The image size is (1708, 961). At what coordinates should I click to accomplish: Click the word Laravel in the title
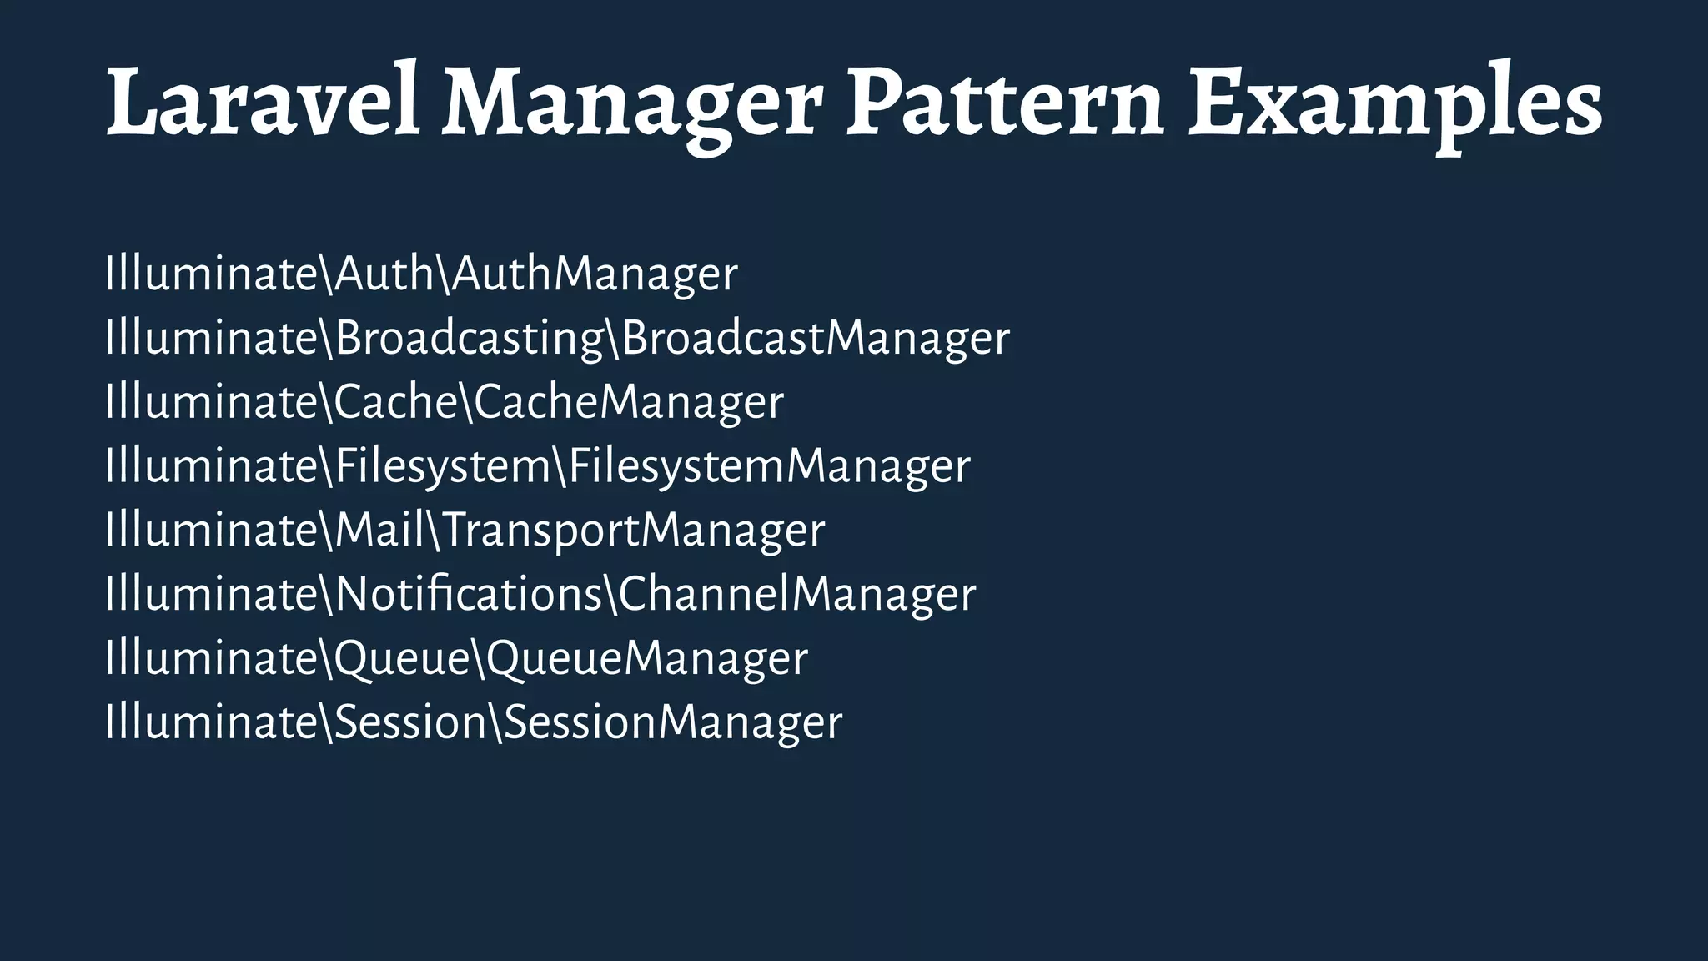[263, 102]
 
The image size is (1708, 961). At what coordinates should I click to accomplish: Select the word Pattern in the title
[1005, 102]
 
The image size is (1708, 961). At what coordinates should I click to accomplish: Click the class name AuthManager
[595, 274]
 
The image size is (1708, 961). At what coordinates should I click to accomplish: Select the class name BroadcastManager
[816, 339]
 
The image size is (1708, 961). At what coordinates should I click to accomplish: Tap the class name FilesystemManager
[769, 466]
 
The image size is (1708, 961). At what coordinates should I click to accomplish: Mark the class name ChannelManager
[796, 595]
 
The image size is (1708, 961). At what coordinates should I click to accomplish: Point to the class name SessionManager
[673, 722]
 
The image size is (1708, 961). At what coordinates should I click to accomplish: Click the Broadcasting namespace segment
[469, 339]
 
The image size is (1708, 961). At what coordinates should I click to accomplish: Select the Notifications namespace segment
[468, 595]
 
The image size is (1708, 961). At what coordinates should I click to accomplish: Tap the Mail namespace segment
[379, 531]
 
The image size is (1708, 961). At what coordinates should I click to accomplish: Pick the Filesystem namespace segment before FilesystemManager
[442, 466]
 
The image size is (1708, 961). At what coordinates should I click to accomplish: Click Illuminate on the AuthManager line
[212, 274]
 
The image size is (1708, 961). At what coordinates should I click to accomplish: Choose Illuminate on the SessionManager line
[212, 722]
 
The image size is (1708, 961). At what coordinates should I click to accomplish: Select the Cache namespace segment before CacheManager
[394, 402]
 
